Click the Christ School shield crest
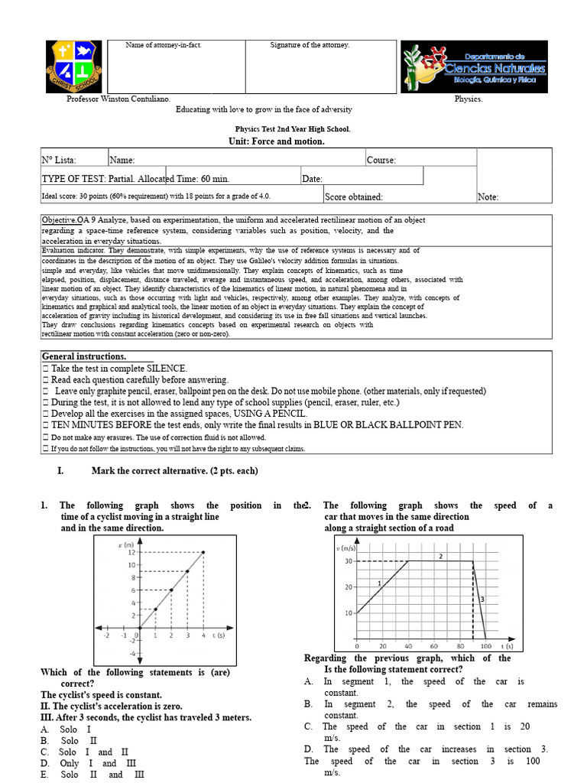click(x=73, y=67)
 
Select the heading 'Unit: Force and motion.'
click(x=277, y=141)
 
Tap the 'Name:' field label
click(x=122, y=161)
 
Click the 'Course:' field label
click(x=381, y=161)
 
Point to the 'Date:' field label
click(x=312, y=179)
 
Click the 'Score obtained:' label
click(x=354, y=197)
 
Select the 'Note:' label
click(x=488, y=197)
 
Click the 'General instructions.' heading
click(x=84, y=357)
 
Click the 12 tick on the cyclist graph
click(x=131, y=552)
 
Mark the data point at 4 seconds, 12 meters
click(x=203, y=552)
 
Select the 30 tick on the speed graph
click(x=348, y=561)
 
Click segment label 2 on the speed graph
click(x=441, y=557)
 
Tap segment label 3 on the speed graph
click(x=482, y=599)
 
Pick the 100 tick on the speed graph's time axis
click(x=485, y=646)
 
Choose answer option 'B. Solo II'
click(x=70, y=741)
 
